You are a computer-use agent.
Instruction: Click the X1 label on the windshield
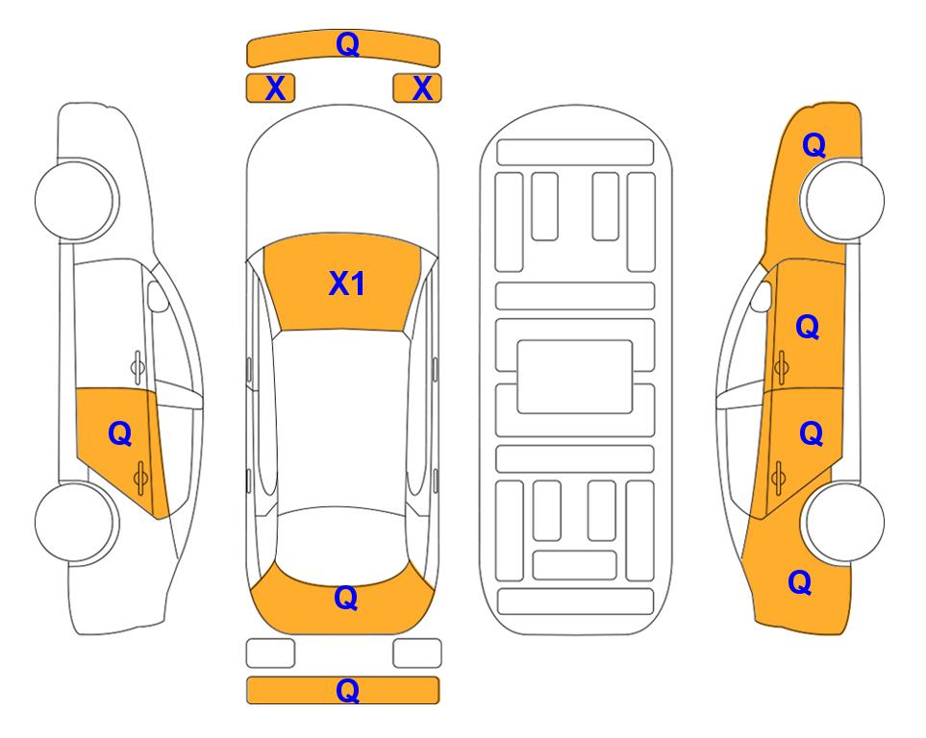click(347, 283)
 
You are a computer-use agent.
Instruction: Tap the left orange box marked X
click(270, 88)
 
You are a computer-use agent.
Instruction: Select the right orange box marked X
click(417, 88)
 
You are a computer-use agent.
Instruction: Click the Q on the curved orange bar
click(347, 43)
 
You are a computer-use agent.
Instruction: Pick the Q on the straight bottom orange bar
click(347, 690)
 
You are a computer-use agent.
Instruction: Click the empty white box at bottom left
click(270, 653)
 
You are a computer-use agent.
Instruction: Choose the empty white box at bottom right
click(417, 653)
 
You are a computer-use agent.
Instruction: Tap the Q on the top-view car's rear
click(346, 598)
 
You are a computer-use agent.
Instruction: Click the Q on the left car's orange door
click(120, 434)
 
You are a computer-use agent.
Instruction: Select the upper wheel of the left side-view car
click(75, 200)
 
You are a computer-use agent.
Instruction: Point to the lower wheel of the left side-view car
click(75, 522)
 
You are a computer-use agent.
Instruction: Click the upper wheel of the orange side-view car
click(844, 200)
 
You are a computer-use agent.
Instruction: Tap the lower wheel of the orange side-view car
click(844, 522)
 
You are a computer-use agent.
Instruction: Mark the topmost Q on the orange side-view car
click(813, 145)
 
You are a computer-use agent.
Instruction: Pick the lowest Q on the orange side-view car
click(800, 582)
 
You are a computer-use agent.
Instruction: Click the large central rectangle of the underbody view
click(575, 377)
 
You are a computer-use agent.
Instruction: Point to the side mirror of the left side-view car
click(157, 296)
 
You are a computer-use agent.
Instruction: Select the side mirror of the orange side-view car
click(762, 296)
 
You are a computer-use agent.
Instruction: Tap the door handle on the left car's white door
click(137, 366)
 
